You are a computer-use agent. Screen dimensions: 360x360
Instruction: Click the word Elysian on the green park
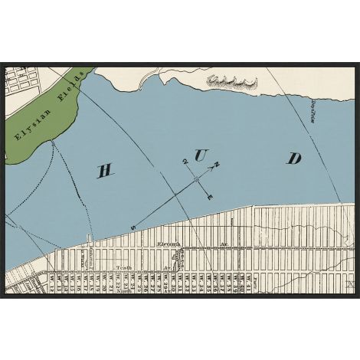pos(30,120)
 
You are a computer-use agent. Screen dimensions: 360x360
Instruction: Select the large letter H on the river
pos(106,170)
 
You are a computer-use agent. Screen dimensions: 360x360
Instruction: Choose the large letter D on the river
pos(294,159)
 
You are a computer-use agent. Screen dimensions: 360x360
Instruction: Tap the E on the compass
pos(211,197)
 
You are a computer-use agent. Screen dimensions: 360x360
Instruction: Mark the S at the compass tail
pos(133,227)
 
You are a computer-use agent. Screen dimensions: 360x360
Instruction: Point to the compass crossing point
pos(196,179)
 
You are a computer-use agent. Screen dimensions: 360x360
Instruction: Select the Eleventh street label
pos(168,244)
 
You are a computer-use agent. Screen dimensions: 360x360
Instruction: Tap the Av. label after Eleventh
pos(224,245)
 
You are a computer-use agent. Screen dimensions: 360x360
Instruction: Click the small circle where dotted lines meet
pos(52,142)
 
